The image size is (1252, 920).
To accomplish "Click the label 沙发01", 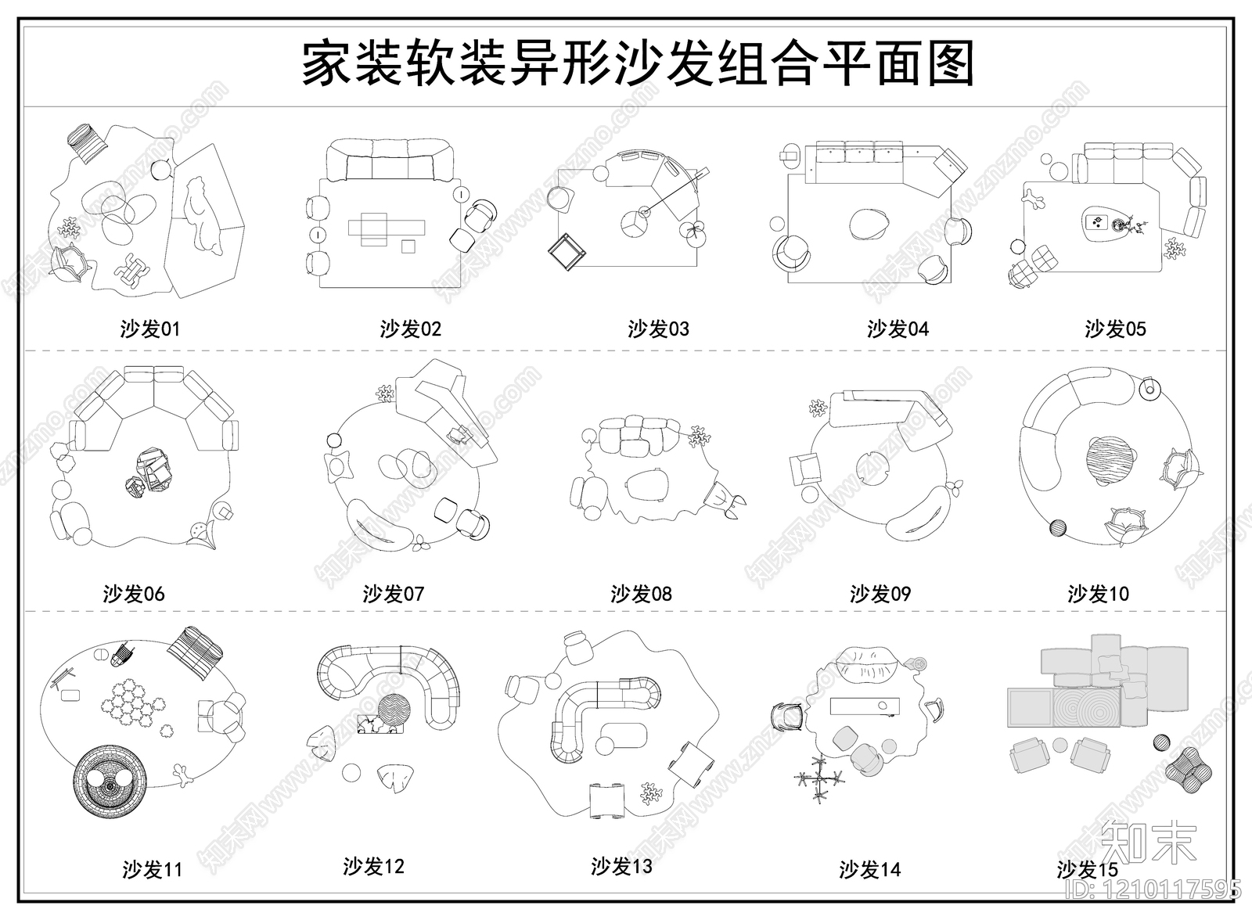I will tap(150, 329).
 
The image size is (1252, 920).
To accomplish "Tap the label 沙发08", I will tap(641, 594).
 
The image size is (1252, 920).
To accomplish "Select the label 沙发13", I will tap(621, 866).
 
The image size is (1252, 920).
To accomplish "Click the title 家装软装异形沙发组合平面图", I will tap(638, 64).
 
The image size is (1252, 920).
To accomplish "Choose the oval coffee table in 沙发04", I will tap(870, 224).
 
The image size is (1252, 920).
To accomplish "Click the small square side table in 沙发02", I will tap(408, 246).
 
